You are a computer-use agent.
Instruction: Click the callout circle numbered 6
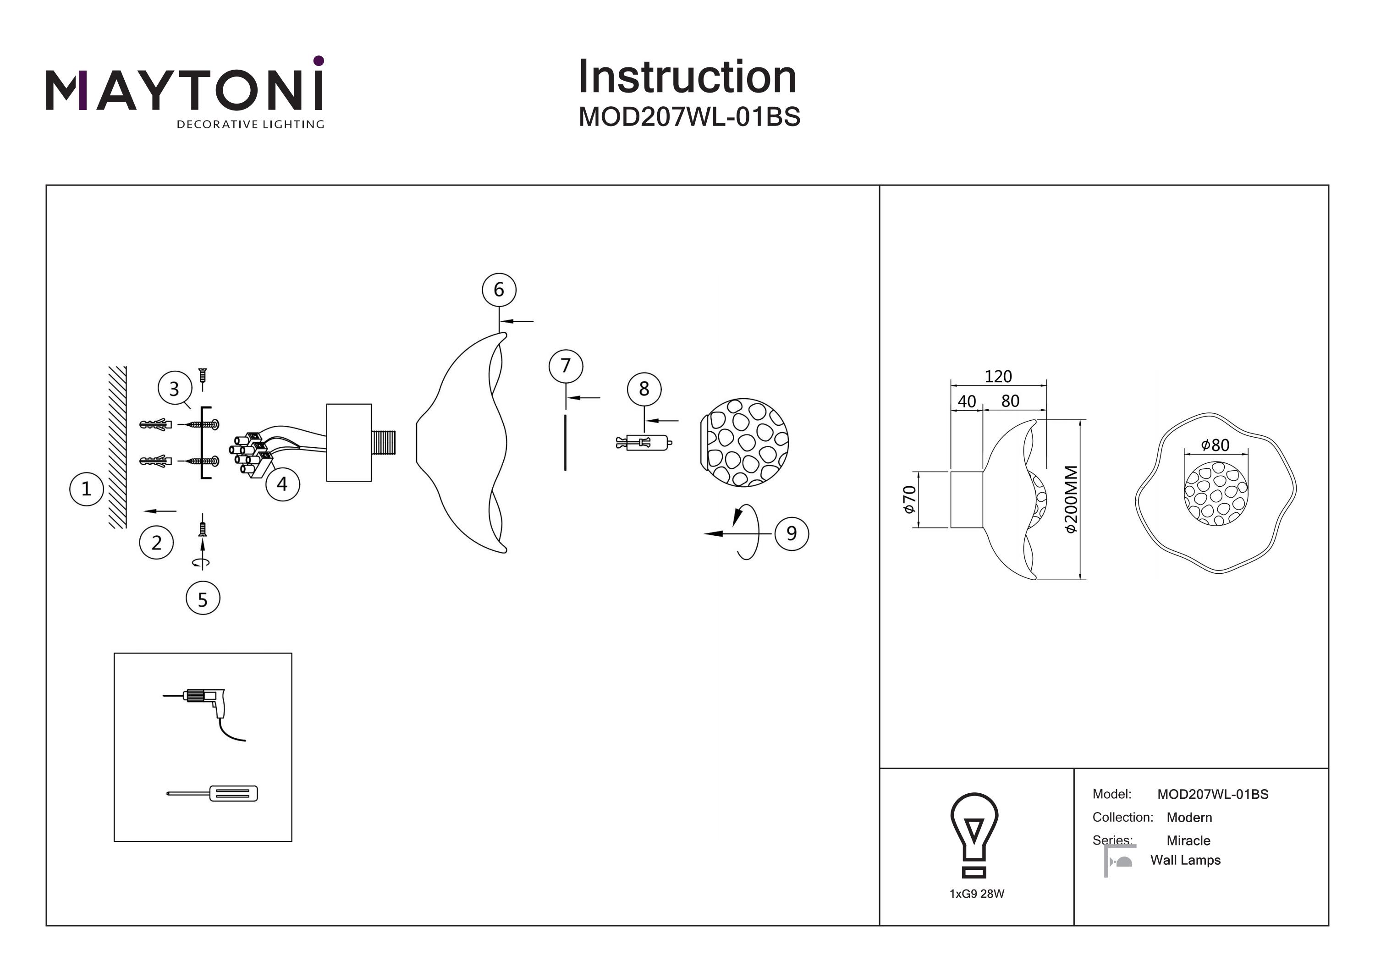499,290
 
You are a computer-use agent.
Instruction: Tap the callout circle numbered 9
791,533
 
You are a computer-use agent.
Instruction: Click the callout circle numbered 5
203,599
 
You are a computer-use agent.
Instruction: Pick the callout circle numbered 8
644,389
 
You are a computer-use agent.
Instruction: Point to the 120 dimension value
998,377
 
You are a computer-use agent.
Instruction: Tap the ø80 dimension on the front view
1215,445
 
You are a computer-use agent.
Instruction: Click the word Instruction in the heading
687,77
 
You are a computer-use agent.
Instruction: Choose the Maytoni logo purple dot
319,60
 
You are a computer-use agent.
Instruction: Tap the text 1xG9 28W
977,894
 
